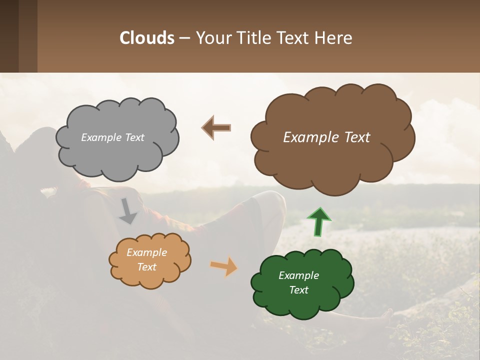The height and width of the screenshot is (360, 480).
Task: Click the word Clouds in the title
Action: pos(147,38)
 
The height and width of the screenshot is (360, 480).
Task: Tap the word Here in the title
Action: pos(334,38)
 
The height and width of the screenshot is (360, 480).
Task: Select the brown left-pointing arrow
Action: pos(216,128)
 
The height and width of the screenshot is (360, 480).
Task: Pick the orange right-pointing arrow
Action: pos(224,266)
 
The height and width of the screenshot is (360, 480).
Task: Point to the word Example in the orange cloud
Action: pos(146,253)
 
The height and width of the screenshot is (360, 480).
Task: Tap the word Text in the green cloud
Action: pos(299,290)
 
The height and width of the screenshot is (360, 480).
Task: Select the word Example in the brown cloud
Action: pos(308,137)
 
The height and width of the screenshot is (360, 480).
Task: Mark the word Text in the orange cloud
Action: pos(146,267)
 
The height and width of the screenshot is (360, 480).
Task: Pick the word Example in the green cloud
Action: pos(298,275)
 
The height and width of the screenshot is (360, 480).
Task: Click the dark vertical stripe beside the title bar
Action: pos(9,36)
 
